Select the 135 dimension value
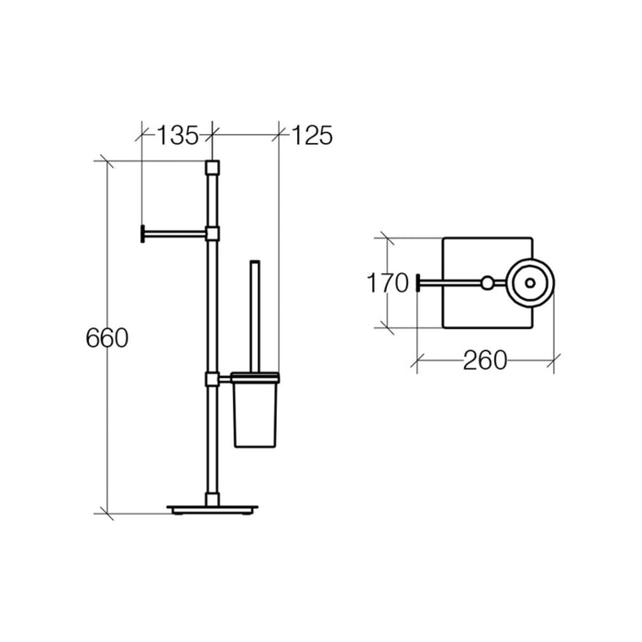point(176,136)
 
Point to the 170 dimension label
point(389,283)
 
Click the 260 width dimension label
point(483,360)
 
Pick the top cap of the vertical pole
point(212,168)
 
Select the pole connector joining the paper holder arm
point(212,232)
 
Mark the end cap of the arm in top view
point(420,282)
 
